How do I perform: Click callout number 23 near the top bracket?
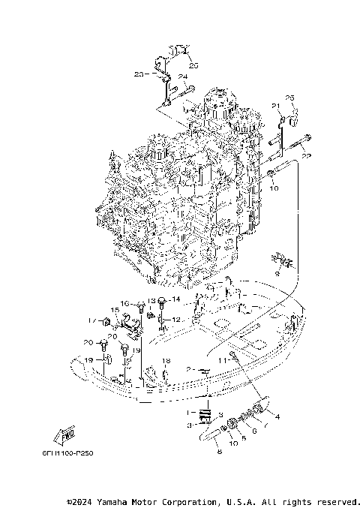point(138,74)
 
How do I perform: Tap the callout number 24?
point(182,77)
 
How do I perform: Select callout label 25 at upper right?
point(290,98)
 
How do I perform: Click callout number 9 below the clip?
point(276,274)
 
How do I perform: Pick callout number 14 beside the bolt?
point(176,299)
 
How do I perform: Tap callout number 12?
point(177,320)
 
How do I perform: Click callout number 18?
point(166,361)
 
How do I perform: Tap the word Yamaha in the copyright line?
point(133,501)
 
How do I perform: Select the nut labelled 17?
point(106,323)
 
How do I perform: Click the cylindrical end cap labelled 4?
point(261,407)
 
